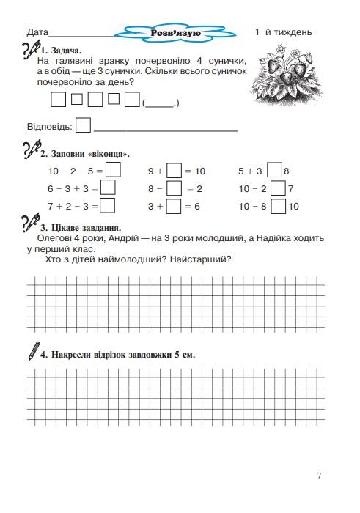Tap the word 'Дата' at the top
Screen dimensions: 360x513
point(37,33)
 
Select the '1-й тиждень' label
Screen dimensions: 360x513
point(283,32)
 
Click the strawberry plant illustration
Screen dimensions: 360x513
point(283,73)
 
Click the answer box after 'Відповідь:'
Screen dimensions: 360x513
point(84,125)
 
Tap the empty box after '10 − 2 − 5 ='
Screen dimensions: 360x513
point(113,171)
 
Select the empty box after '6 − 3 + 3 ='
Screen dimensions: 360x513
point(108,188)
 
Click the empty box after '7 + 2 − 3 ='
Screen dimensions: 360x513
point(108,206)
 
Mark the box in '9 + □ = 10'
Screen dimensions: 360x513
point(174,171)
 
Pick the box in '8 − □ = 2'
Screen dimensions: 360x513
point(174,188)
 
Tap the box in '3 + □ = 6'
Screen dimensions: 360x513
point(174,206)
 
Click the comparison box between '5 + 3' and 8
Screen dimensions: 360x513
point(274,171)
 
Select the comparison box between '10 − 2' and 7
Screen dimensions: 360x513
point(278,188)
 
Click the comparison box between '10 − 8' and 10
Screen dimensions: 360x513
point(278,206)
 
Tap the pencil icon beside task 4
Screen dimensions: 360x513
point(32,351)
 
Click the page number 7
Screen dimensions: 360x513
point(320,476)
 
